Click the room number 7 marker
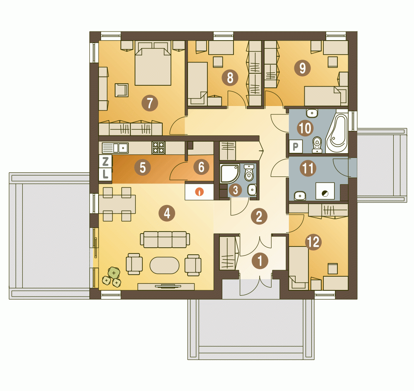click(150, 103)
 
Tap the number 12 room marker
click(313, 242)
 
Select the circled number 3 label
click(236, 190)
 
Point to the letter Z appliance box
click(105, 161)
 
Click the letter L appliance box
click(105, 174)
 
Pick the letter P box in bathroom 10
click(296, 146)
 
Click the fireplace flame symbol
click(200, 191)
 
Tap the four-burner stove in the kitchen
click(159, 148)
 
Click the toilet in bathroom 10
click(317, 145)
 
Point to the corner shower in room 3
click(230, 173)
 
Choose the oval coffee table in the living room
click(164, 265)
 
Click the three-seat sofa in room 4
click(165, 239)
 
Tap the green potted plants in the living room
click(112, 277)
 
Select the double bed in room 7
click(153, 63)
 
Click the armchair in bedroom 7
click(121, 90)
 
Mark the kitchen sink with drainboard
click(115, 148)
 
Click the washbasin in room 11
click(299, 196)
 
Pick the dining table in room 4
click(117, 204)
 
